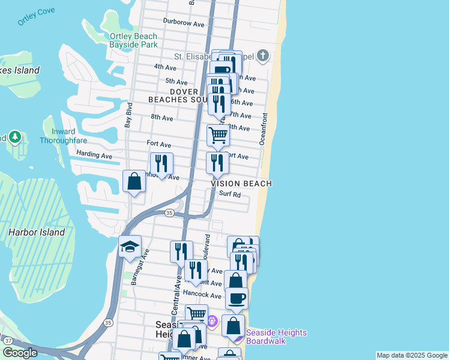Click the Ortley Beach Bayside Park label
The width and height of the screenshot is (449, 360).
click(x=133, y=40)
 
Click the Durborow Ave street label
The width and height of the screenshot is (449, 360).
click(x=184, y=23)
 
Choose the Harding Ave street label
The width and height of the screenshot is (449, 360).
click(x=94, y=155)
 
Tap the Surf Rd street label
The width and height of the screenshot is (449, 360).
click(x=230, y=194)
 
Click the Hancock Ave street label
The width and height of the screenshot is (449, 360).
click(x=202, y=295)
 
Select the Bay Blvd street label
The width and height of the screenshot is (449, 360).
click(x=128, y=115)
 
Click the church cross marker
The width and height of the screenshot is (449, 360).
click(x=262, y=57)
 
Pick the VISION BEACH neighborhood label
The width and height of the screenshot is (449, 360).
click(x=241, y=184)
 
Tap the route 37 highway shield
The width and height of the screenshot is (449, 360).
click(x=8, y=340)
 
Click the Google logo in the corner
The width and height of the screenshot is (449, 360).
click(x=20, y=353)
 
